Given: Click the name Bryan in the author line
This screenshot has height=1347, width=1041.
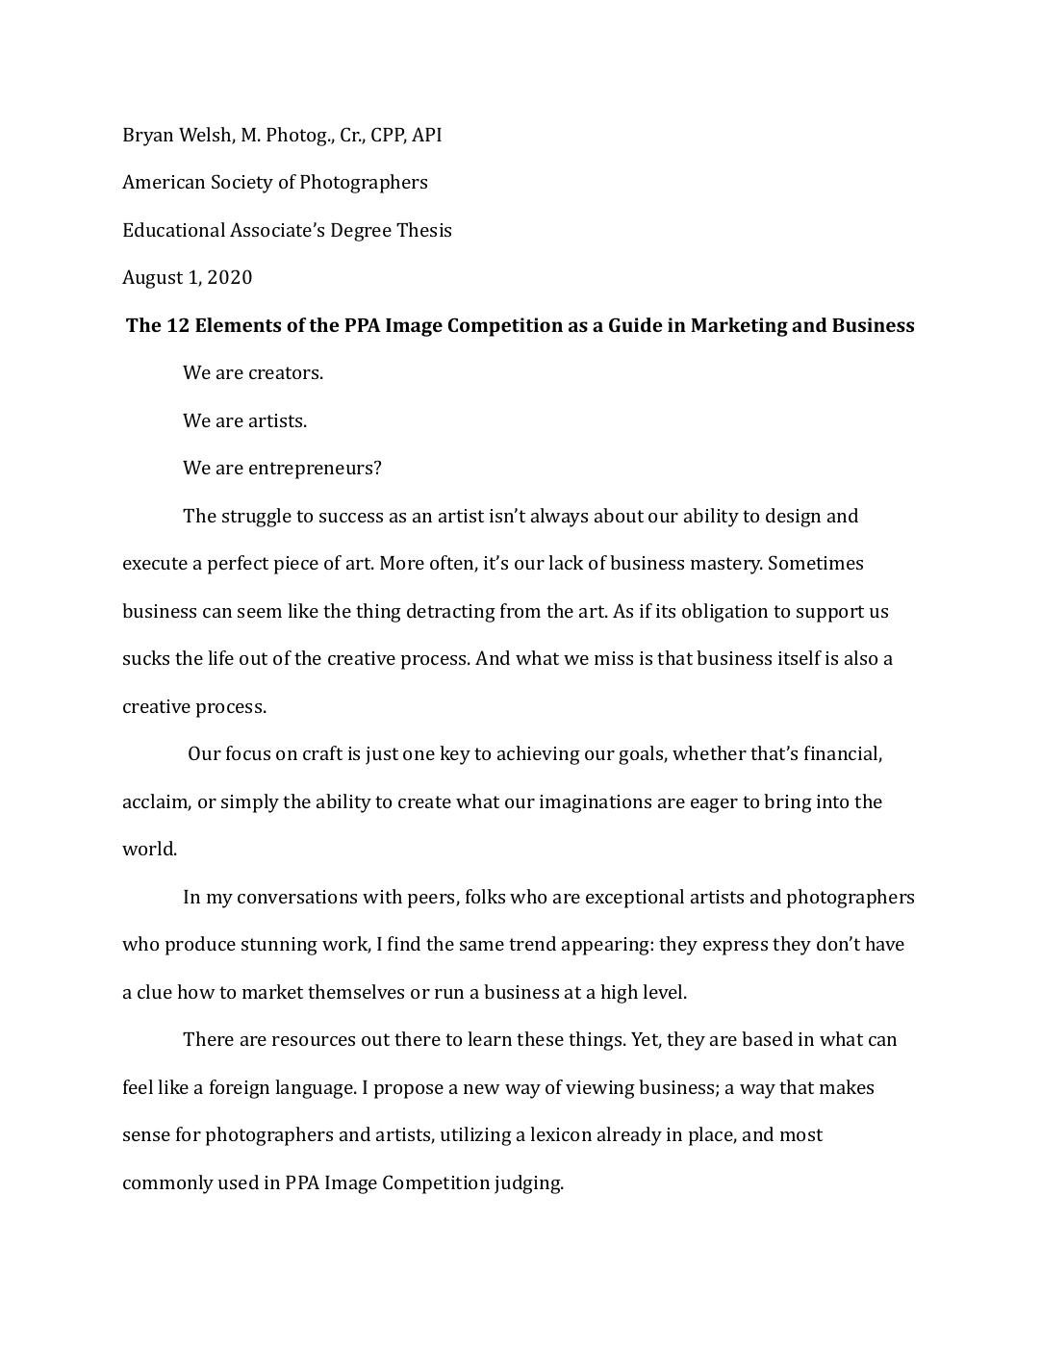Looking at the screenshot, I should point(148,136).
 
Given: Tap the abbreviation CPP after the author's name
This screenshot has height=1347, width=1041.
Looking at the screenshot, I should point(388,136).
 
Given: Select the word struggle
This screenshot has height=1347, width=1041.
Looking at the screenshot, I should point(257,517).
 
